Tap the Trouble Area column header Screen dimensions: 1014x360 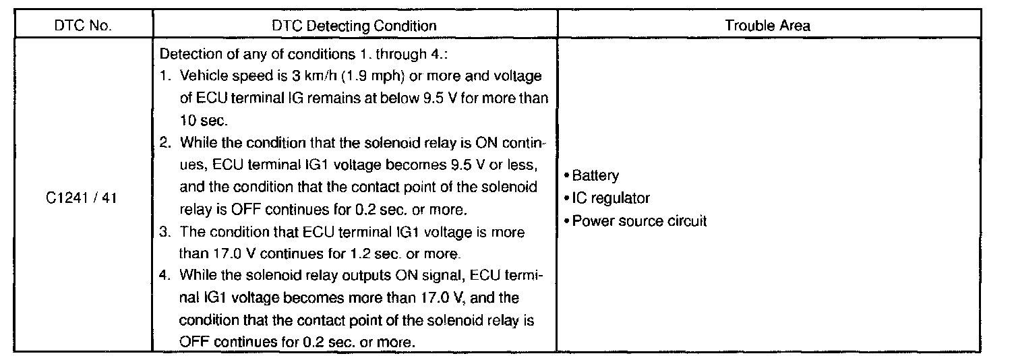coord(768,26)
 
